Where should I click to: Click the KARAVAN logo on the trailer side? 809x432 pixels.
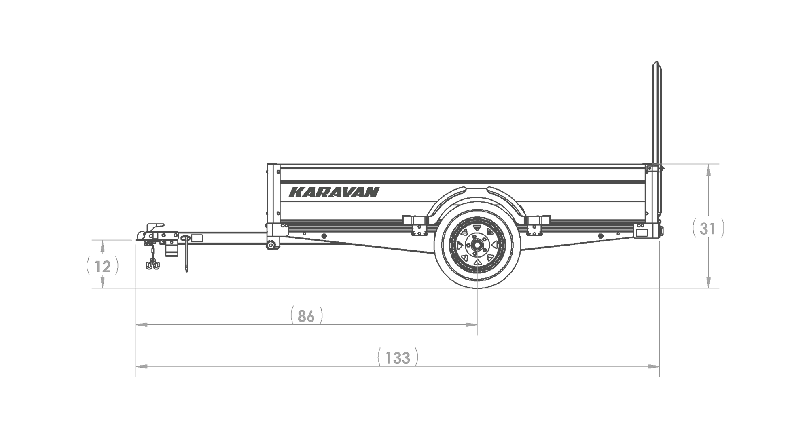[334, 192]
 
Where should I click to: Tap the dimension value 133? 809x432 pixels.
[398, 358]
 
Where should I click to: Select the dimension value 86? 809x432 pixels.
[306, 316]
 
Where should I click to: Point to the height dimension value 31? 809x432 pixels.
[708, 229]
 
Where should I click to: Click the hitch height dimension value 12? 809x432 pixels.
[102, 267]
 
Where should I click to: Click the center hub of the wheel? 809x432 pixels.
[477, 245]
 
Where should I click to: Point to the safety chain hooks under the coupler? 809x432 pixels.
[152, 265]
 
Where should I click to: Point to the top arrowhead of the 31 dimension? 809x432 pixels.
[709, 170]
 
